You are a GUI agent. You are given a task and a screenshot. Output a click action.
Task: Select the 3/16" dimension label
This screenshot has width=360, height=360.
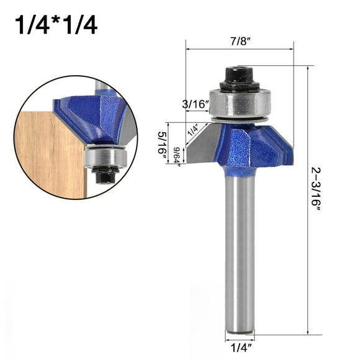tap(196, 104)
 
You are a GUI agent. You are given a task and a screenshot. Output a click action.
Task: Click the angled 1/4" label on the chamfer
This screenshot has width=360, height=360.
tap(193, 130)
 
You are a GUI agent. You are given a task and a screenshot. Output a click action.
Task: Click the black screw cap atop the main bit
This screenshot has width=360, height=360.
tap(238, 76)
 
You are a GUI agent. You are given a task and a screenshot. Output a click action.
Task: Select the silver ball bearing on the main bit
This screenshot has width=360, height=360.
tap(239, 102)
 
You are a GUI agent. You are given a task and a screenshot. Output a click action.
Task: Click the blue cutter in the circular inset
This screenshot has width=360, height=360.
tap(93, 115)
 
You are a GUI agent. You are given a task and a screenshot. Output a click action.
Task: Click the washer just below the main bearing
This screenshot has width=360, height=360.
tap(239, 119)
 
